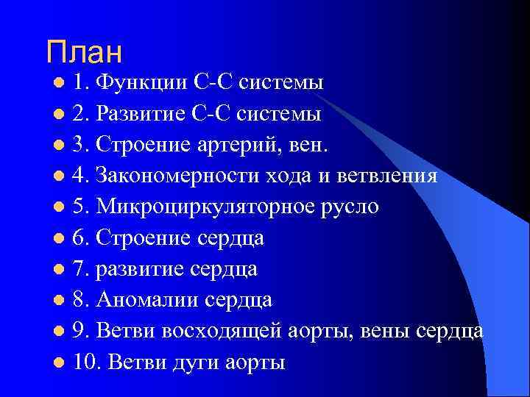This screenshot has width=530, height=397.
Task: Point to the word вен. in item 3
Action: pos(311,145)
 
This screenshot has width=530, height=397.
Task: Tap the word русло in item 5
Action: pos(355,207)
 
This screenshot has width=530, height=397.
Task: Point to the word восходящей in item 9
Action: pos(219,332)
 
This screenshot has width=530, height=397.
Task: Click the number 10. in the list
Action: pos(86,363)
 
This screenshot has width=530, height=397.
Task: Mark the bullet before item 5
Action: pos(59,208)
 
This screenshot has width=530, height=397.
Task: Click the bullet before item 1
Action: pos(59,83)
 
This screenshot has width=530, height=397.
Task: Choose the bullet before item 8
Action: pos(59,301)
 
